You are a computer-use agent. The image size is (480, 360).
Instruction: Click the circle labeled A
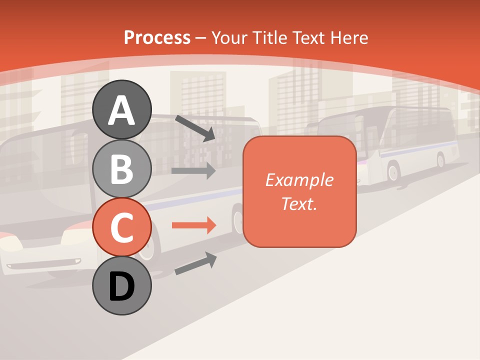[x=121, y=110]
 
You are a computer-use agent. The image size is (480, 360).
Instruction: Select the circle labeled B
[x=121, y=168]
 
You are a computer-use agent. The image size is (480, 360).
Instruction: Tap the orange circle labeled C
[x=121, y=227]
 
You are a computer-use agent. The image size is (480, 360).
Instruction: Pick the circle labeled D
[x=121, y=286]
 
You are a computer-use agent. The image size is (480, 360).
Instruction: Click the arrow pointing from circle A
[x=195, y=128]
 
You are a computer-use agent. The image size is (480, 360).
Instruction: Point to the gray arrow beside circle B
[x=193, y=170]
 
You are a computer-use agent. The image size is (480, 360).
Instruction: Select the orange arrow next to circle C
[x=193, y=225]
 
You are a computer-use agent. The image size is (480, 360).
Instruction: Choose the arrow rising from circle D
[x=195, y=263]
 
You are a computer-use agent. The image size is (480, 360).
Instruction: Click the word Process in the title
[x=157, y=37]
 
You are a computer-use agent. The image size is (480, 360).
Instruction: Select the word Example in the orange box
[x=299, y=180]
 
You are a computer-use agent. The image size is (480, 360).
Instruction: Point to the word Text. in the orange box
[x=299, y=203]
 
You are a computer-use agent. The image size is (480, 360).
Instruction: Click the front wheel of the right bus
[x=393, y=172]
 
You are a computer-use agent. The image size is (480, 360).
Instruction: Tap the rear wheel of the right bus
[x=440, y=160]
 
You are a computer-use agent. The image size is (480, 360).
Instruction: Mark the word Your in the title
[x=230, y=37]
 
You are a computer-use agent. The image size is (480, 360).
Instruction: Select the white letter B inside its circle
[x=121, y=168]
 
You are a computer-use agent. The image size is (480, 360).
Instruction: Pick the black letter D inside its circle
[x=121, y=286]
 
